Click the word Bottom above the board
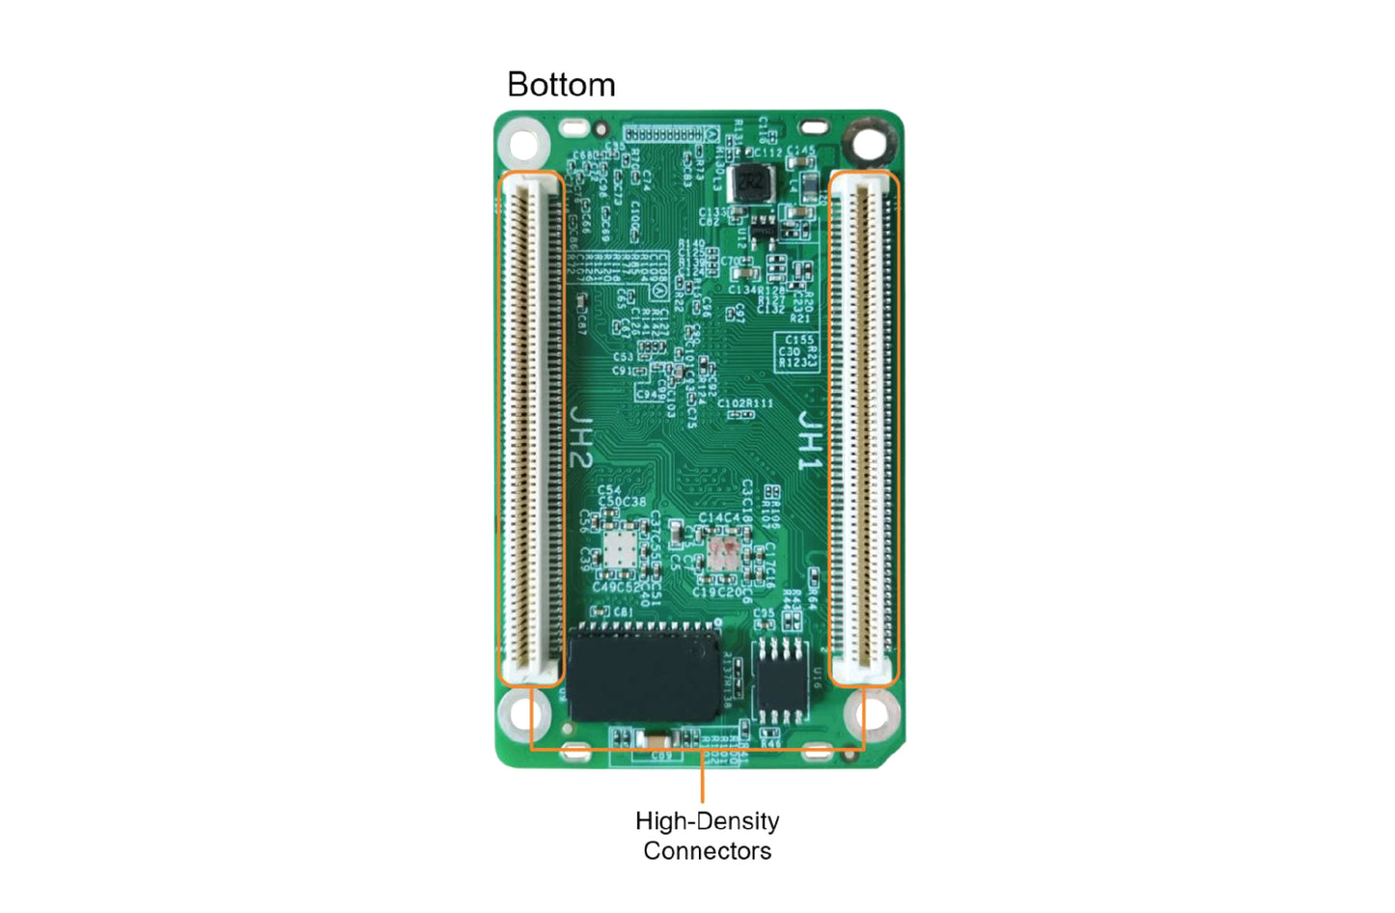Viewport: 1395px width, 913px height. coord(561,85)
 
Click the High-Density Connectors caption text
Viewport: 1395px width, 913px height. coord(707,836)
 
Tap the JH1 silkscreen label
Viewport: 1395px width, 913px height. coord(809,442)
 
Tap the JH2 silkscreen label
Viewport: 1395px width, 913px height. coord(580,437)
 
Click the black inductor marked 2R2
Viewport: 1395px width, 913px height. coord(750,182)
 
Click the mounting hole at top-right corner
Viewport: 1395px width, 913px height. coord(869,144)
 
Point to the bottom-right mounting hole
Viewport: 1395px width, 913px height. coord(871,715)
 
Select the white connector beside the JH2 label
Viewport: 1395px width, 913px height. coord(530,429)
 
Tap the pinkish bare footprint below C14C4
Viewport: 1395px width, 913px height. coord(722,554)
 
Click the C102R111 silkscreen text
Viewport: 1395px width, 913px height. coord(744,403)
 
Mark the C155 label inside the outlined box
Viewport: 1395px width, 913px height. coord(798,340)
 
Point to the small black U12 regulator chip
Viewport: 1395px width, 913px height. coord(764,228)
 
